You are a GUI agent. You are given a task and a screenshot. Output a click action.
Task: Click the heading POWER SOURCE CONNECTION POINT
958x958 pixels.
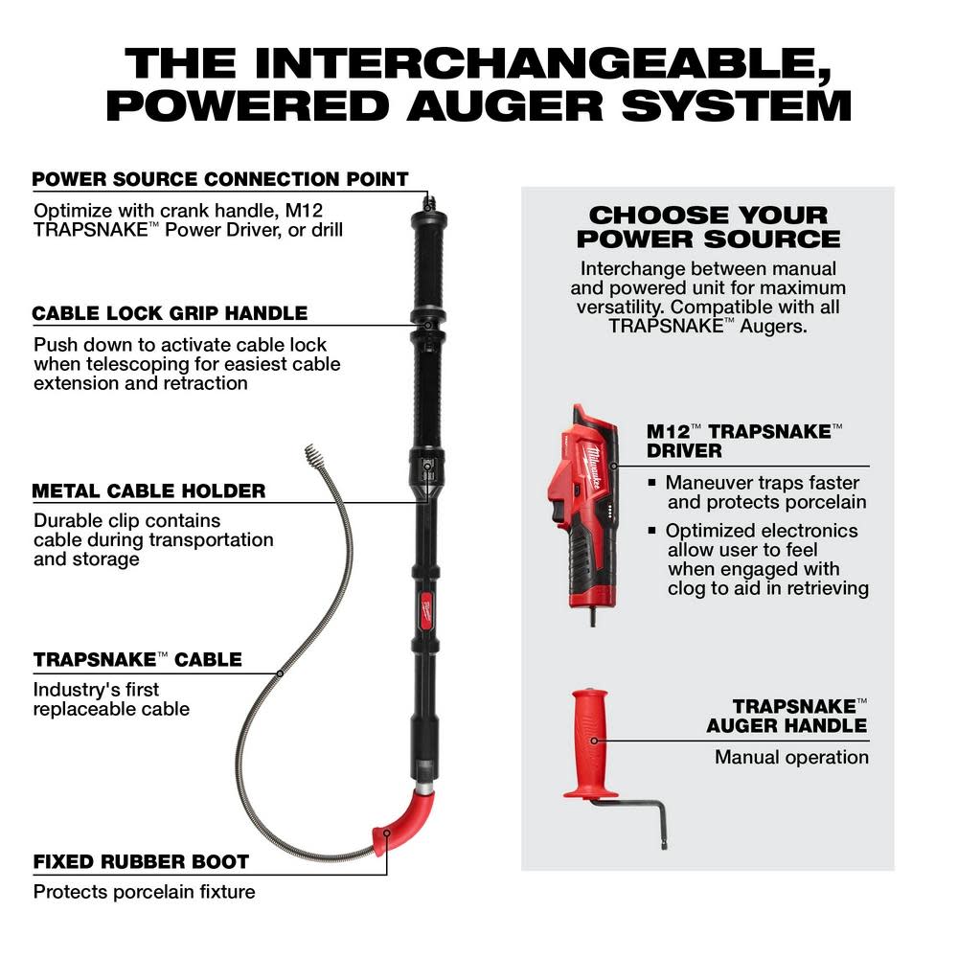pyautogui.click(x=220, y=180)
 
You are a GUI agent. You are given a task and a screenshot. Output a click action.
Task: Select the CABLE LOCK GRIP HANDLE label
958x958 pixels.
pyautogui.click(x=170, y=313)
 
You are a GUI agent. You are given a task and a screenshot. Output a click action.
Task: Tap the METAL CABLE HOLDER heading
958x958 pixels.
pyautogui.click(x=148, y=491)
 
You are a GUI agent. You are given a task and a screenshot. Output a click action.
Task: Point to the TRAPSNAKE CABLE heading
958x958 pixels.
pyautogui.click(x=137, y=659)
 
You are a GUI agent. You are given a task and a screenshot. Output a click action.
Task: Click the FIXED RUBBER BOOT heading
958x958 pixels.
pyautogui.click(x=141, y=862)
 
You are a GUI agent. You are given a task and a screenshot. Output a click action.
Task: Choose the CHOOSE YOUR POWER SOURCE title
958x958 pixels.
pyautogui.click(x=708, y=227)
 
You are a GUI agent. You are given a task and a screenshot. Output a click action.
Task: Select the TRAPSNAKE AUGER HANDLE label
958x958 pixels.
pyautogui.click(x=788, y=716)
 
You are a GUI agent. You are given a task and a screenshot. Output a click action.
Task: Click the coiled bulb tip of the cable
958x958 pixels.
pyautogui.click(x=316, y=455)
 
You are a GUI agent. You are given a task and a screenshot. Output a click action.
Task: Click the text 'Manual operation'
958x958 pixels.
pyautogui.click(x=791, y=758)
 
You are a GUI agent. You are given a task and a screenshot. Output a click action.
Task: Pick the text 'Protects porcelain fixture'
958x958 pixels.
pyautogui.click(x=145, y=892)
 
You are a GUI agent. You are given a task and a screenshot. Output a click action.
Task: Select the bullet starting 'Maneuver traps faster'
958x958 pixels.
pyautogui.click(x=762, y=492)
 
